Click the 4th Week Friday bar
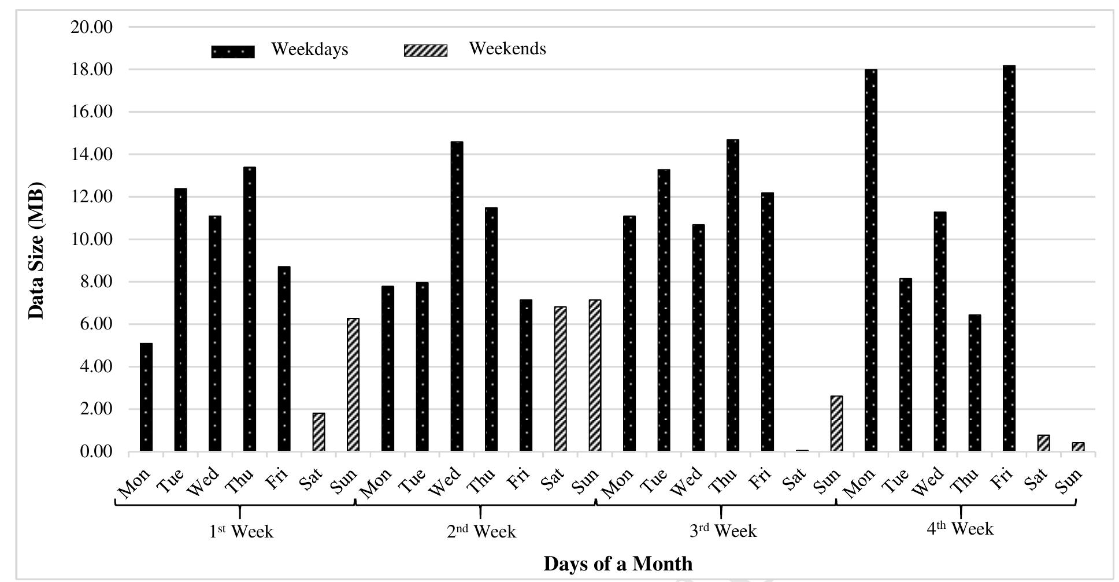point(1009,260)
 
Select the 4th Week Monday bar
point(870,260)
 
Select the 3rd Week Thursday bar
point(732,295)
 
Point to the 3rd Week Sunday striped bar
point(836,424)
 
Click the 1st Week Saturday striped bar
point(318,432)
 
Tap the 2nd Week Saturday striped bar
point(560,379)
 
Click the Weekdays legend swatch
point(232,51)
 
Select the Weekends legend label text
point(507,49)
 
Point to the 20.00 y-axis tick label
point(91,27)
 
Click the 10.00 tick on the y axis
point(91,239)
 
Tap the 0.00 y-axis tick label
point(96,451)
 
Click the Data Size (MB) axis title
point(36,251)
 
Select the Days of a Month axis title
point(617,563)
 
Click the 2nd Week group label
point(481,531)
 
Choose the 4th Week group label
point(960,529)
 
